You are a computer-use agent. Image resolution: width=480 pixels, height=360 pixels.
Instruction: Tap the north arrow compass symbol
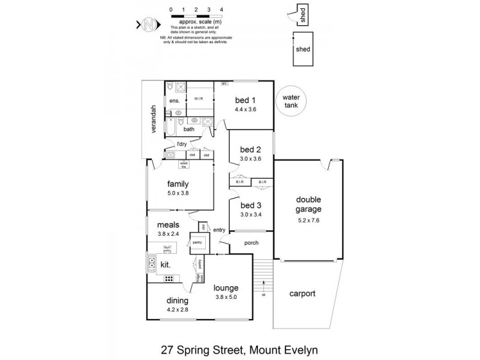[x=149, y=25]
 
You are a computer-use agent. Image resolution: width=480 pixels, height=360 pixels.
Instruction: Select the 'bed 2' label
[x=250, y=149]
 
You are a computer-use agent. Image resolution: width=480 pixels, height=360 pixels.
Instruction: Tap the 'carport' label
[x=302, y=294]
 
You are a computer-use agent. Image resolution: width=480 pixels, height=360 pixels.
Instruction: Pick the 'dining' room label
[x=178, y=301]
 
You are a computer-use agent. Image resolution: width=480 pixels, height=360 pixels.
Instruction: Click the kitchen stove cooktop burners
[x=170, y=278]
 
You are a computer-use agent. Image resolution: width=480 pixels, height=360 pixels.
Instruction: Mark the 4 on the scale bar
[x=222, y=10]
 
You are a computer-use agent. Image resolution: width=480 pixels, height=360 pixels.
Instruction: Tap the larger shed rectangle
[x=304, y=49]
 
